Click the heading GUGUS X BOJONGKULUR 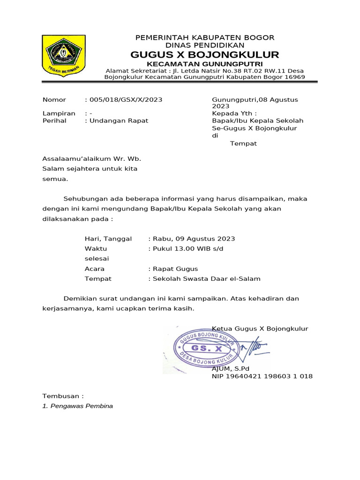click(204, 54)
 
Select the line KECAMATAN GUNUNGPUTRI click(204, 64)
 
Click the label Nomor click(54, 100)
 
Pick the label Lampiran click(59, 113)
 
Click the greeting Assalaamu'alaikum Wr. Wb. click(91, 158)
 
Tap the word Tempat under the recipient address click(243, 143)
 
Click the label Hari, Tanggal click(108, 239)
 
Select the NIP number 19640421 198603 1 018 click(272, 376)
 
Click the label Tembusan click(63, 396)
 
